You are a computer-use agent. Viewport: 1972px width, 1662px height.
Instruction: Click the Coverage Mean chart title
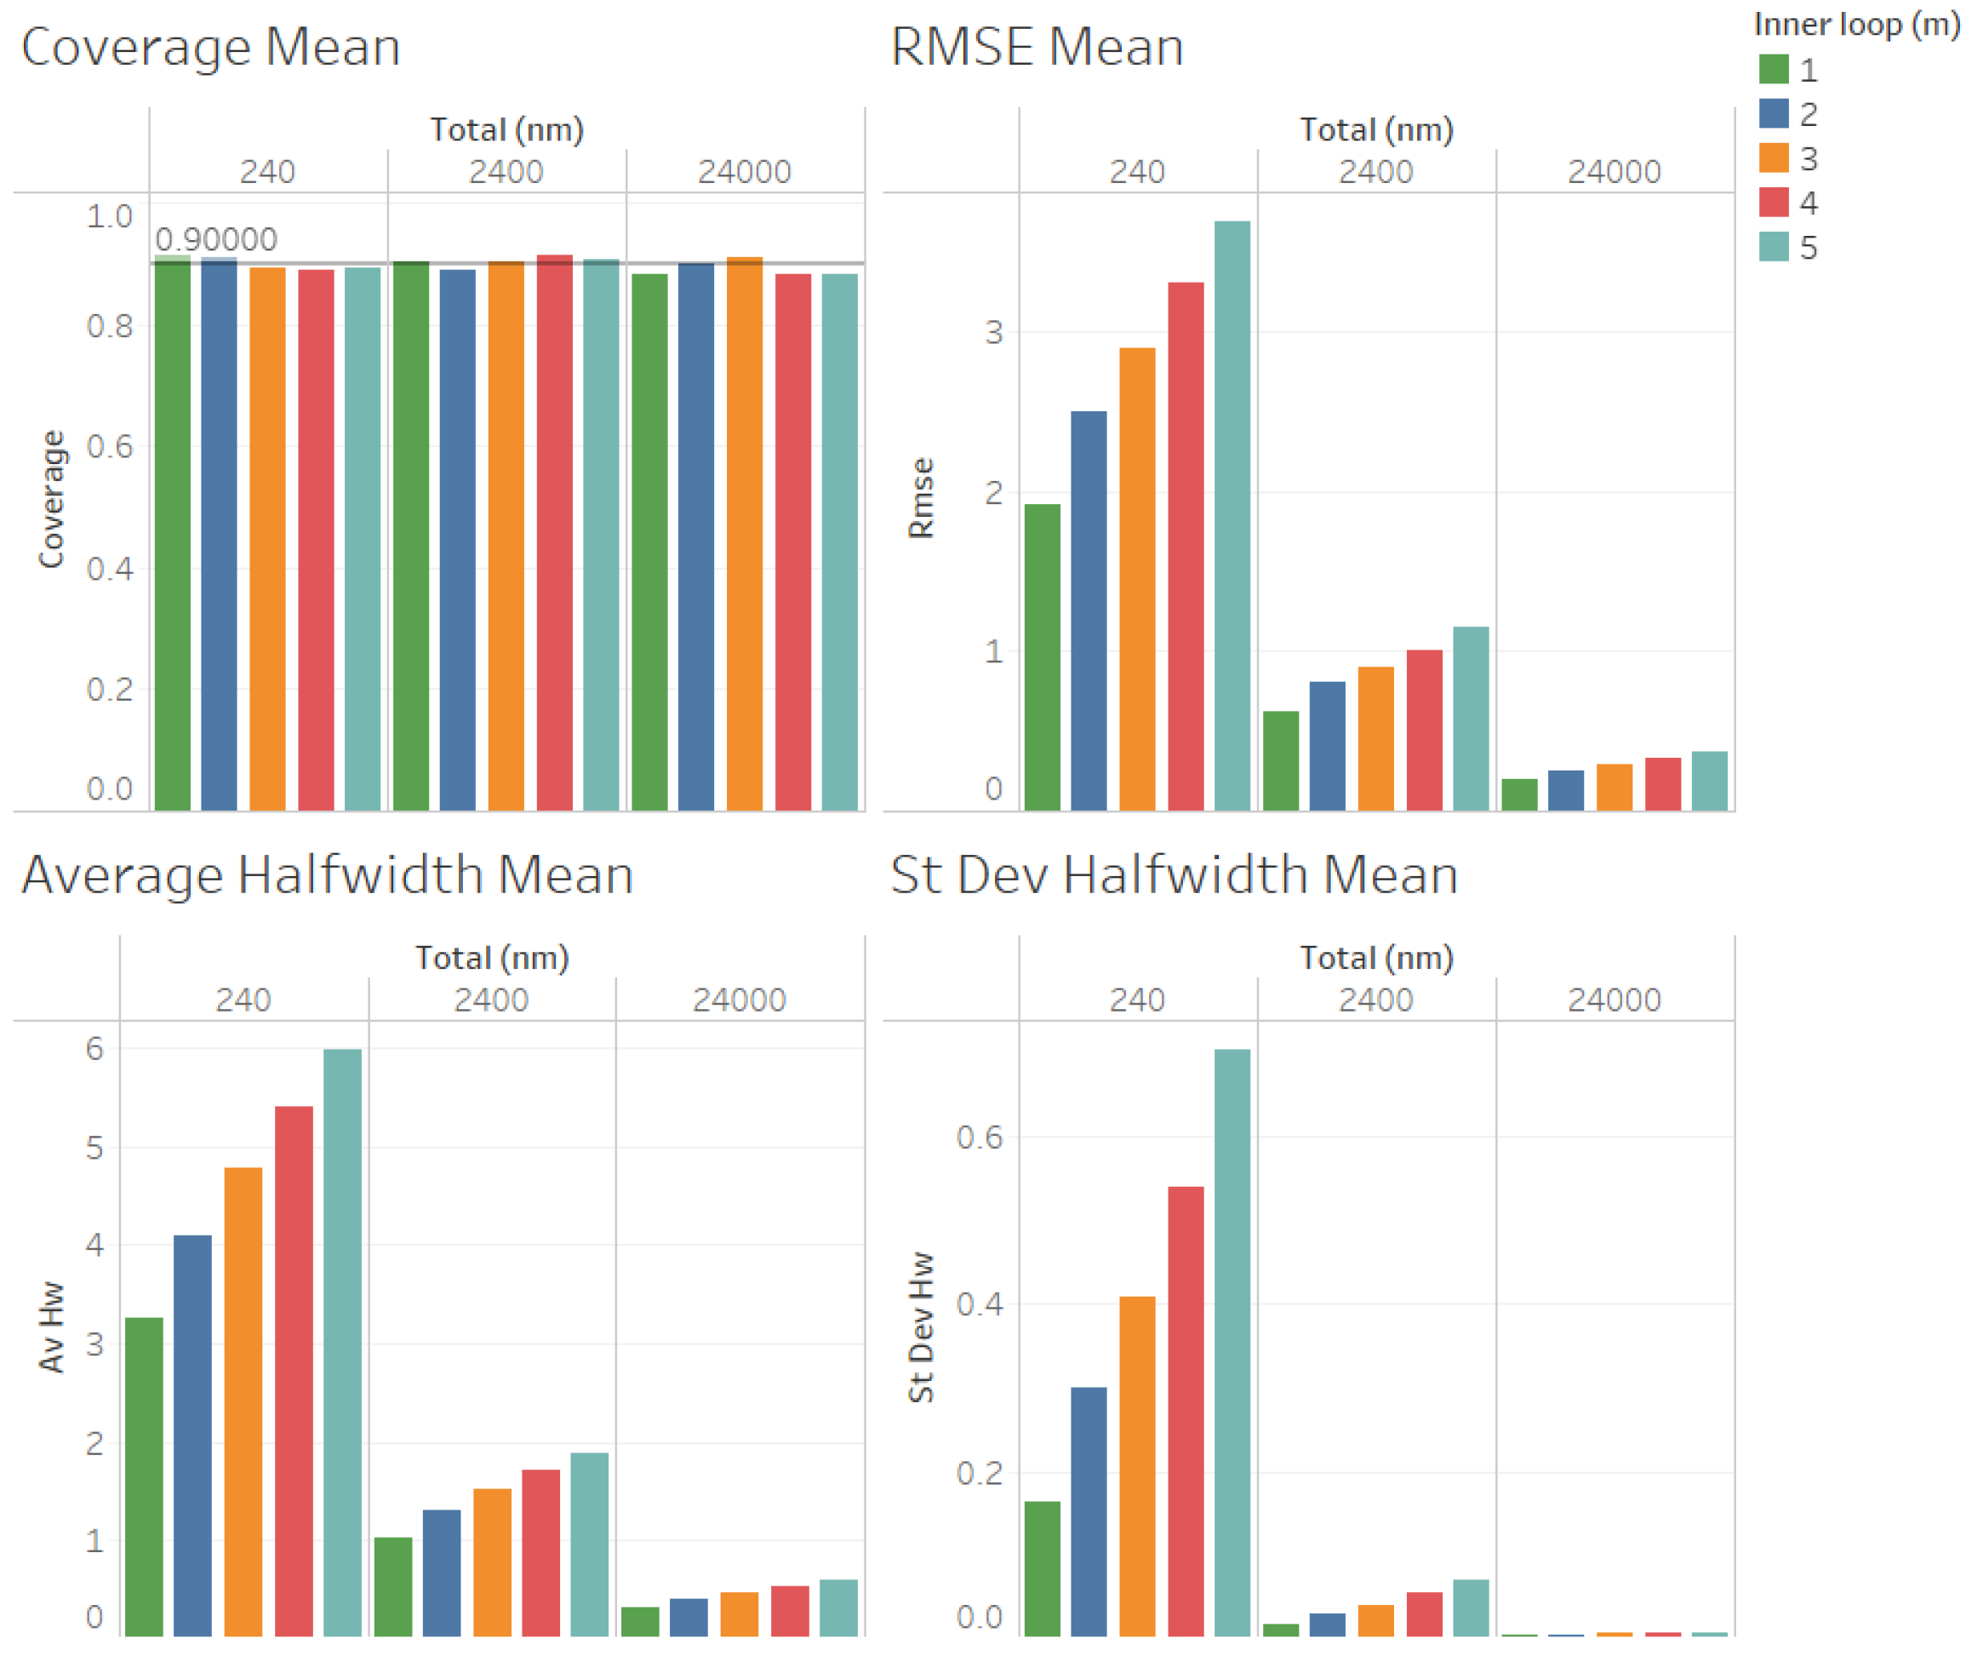(210, 47)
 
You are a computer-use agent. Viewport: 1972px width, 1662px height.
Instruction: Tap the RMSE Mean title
(1036, 47)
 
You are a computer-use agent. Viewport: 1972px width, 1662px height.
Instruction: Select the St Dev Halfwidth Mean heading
(1174, 874)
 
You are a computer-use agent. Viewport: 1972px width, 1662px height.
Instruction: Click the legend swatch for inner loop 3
(1774, 158)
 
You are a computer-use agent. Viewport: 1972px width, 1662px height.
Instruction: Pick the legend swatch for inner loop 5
(1774, 247)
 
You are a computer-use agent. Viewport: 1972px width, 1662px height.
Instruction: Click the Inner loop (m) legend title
(1856, 25)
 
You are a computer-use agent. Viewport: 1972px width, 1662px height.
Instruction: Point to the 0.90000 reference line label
(215, 239)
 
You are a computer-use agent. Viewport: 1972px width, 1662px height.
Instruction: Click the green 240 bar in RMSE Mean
(1042, 656)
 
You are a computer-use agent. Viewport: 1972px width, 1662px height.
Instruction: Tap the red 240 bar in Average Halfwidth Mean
(294, 1371)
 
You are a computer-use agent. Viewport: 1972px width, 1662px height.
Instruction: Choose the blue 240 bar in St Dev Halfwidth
(1089, 1511)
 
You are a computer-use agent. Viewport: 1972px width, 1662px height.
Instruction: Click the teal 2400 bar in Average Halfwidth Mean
(589, 1545)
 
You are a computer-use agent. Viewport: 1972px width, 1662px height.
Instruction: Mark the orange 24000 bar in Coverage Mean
(744, 533)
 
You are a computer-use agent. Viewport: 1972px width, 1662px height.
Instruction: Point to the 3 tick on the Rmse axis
(993, 333)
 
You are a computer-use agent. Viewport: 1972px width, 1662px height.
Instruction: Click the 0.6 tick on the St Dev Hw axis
(980, 1138)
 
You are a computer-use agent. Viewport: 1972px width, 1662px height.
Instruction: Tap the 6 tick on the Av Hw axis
(94, 1049)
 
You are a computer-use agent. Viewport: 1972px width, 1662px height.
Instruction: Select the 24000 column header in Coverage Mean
(744, 171)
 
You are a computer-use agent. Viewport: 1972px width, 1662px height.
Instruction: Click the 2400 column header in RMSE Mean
(1376, 171)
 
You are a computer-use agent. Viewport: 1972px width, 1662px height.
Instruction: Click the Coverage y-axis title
(52, 499)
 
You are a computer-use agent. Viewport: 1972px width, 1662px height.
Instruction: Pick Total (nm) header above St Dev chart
(1377, 957)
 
